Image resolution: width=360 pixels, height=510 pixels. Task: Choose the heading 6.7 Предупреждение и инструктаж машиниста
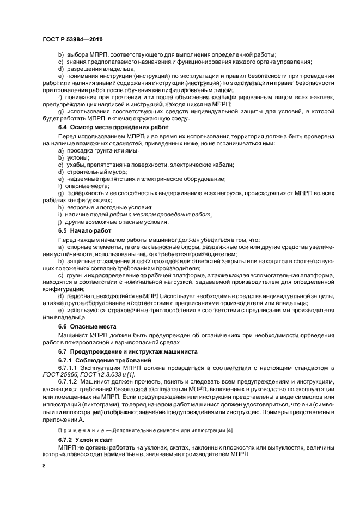pos(124,352)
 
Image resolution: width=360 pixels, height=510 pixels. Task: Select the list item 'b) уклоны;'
pos(73,157)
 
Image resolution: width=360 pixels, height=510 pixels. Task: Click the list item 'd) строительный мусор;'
pos(89,172)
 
